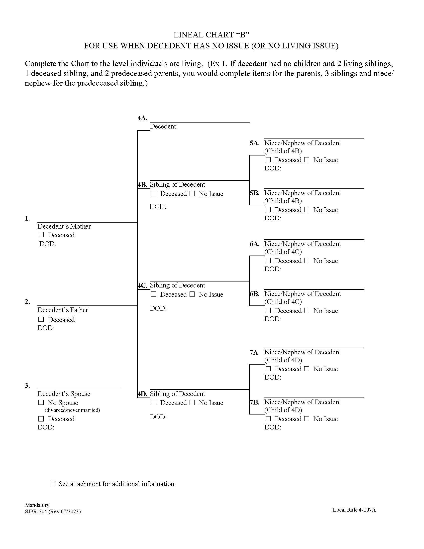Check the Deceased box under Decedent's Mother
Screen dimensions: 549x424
(x=41, y=235)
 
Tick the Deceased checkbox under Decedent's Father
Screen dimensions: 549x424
(x=41, y=319)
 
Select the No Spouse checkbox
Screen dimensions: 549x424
(x=41, y=403)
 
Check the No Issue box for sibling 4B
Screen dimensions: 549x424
(x=192, y=193)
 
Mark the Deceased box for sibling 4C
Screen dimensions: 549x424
(x=153, y=294)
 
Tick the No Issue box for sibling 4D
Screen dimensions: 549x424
(x=192, y=403)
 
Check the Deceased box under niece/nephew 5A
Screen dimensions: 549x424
(x=268, y=160)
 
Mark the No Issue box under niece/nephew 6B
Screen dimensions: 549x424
(x=307, y=310)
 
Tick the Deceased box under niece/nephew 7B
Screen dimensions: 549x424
(x=268, y=418)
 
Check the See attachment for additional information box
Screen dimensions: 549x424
(x=53, y=484)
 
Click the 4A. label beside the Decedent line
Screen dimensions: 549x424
(x=142, y=118)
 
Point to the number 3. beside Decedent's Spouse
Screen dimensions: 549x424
(x=27, y=386)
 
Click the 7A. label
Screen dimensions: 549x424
(x=254, y=352)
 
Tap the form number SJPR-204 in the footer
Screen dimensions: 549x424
(x=36, y=512)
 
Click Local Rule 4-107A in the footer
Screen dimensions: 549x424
(x=354, y=510)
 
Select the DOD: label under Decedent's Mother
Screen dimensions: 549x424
(x=47, y=244)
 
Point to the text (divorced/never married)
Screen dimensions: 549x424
(x=72, y=410)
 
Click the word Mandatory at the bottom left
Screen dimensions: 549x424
(x=37, y=505)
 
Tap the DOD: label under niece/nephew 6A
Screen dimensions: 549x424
(x=273, y=269)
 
